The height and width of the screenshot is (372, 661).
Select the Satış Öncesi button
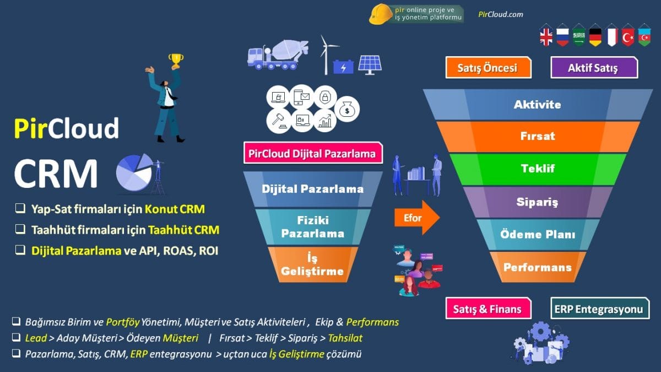pos(488,68)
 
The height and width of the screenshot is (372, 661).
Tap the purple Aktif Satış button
pos(593,68)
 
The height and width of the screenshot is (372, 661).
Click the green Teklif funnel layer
pos(538,169)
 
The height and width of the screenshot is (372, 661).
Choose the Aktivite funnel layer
pos(538,104)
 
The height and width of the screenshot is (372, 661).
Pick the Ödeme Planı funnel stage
pos(538,234)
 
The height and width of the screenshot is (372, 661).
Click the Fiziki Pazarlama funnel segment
pos(312,227)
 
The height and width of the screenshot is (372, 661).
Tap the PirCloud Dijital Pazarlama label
pos(313,153)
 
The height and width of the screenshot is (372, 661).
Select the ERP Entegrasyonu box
pos(599,309)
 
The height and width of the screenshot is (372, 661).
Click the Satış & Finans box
pos(488,309)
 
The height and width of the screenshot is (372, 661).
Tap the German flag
pos(595,36)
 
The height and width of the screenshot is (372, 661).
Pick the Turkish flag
pos(628,36)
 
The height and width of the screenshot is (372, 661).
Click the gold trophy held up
pos(176,60)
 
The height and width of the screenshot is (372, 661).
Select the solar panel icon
pos(370,64)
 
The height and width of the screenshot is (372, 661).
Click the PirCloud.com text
pos(501,15)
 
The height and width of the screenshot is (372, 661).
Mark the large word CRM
pos(56,174)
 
